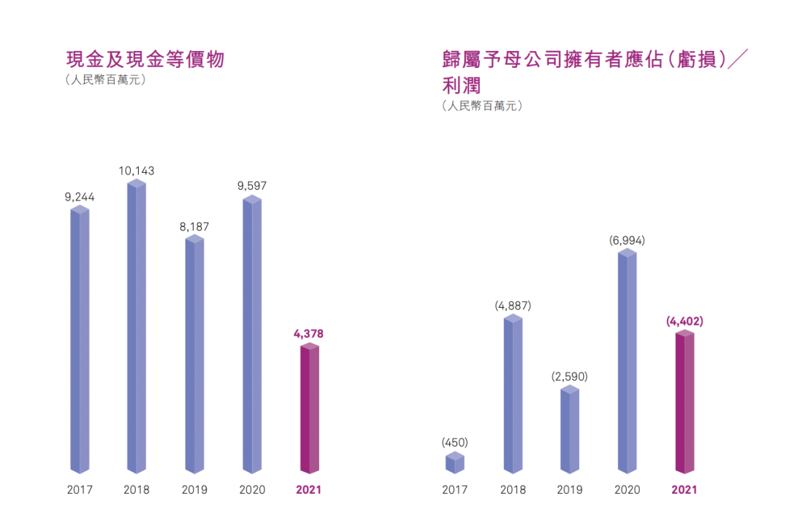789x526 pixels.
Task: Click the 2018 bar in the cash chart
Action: tap(137, 328)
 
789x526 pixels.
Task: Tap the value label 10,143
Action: tap(137, 171)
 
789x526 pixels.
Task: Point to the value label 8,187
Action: tap(194, 227)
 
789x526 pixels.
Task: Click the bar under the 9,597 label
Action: tap(252, 336)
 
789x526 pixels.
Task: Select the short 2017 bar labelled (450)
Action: tap(454, 463)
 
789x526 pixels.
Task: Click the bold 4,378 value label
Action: tap(308, 333)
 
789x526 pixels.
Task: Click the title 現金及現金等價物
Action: tap(145, 59)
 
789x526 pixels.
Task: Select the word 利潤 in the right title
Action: tap(462, 85)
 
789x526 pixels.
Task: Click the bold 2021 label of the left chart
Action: tap(308, 490)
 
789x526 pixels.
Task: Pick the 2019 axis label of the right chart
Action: tap(570, 490)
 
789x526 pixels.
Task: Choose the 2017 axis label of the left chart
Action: tap(80, 490)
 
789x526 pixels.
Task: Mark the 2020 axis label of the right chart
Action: tap(628, 490)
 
